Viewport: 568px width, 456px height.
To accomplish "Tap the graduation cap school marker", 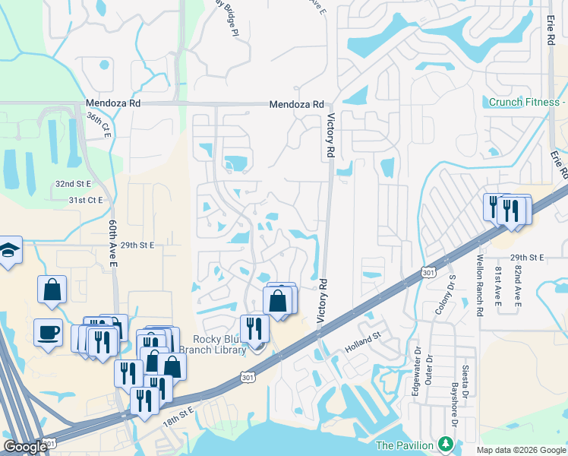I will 9,251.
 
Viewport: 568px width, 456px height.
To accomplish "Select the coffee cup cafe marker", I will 49,332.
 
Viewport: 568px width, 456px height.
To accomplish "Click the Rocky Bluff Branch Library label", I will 219,344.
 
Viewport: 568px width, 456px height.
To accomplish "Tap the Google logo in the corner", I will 24,447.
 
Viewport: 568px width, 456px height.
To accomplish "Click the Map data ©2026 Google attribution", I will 521,450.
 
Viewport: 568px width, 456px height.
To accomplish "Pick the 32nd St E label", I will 73,184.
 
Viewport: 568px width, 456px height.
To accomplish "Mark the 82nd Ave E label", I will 519,287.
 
